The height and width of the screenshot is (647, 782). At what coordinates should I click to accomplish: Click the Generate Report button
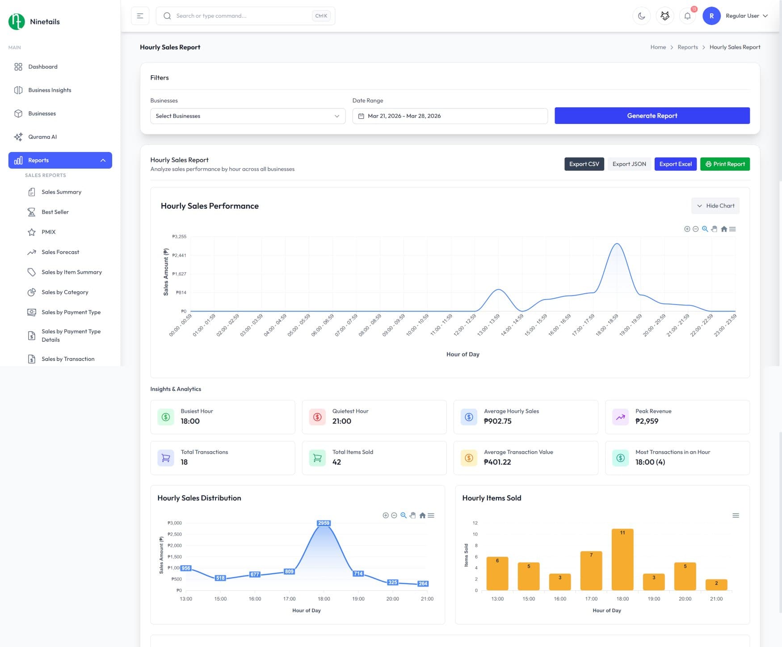652,116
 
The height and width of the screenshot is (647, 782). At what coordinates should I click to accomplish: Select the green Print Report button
725,164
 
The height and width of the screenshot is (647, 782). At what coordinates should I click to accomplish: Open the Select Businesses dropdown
248,116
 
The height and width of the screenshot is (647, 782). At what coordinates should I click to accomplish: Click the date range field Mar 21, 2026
450,116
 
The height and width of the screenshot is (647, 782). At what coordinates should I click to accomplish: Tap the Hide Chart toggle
715,206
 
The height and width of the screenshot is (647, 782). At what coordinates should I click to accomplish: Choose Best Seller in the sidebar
55,212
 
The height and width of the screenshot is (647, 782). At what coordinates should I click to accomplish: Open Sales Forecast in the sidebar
60,252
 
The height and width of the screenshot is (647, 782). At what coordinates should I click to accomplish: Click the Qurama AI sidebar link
42,137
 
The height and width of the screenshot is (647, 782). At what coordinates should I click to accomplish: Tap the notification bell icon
687,16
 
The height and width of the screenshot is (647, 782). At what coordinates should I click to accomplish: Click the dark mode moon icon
641,16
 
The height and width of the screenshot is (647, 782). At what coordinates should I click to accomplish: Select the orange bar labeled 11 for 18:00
622,559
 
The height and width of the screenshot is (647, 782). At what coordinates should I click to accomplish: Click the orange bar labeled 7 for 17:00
591,570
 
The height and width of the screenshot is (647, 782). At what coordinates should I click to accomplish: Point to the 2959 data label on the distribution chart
324,523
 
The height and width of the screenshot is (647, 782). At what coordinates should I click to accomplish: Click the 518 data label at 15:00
220,578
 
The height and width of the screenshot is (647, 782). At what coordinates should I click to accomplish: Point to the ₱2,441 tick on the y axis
179,255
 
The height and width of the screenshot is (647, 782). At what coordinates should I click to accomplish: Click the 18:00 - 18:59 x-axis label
607,325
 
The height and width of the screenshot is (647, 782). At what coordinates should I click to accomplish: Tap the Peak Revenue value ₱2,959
647,421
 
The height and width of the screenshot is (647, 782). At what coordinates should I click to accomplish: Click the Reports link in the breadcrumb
687,47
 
